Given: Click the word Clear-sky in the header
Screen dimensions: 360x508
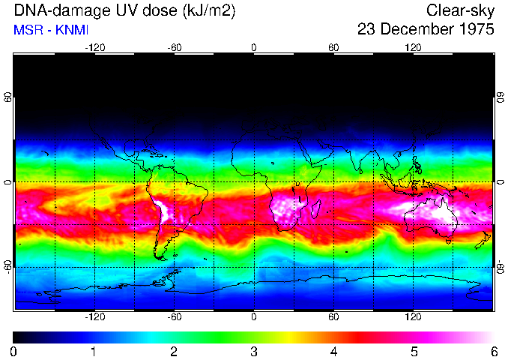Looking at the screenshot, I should (460, 10).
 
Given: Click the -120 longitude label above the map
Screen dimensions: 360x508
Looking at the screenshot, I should (94, 48).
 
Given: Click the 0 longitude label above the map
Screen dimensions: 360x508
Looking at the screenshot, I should (253, 48).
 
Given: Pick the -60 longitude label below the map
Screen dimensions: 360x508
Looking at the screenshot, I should (174, 317).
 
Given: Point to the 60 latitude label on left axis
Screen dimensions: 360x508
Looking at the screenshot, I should (8, 97).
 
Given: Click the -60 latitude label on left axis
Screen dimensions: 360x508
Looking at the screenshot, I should (8, 266).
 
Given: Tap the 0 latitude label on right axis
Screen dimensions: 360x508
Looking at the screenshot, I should (500, 182).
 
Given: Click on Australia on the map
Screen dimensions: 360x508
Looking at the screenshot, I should (432, 217).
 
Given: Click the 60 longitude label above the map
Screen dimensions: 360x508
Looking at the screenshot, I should (333, 48).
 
